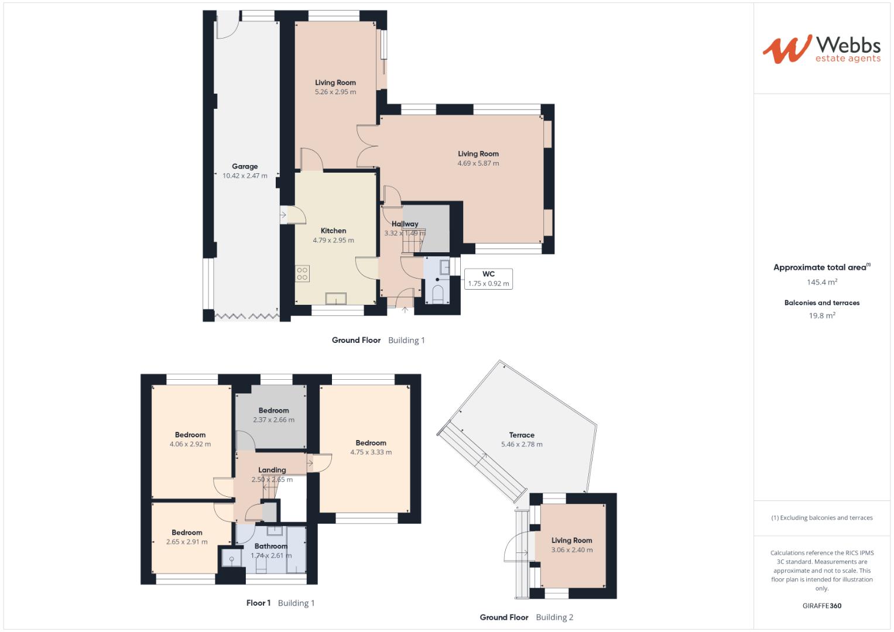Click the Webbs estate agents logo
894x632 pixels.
coord(821,49)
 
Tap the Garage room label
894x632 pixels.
coord(245,166)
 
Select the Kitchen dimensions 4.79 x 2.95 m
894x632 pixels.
coord(333,240)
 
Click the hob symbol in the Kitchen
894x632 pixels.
coord(303,273)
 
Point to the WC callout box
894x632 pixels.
coord(488,279)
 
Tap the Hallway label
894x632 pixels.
coord(405,224)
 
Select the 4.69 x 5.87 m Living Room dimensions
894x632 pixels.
coord(478,163)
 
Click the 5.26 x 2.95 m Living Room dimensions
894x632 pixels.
coord(335,92)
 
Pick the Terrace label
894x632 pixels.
coord(522,435)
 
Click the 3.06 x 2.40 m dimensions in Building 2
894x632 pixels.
coord(572,550)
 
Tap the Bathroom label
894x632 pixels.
coord(271,546)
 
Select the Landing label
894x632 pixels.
coord(272,470)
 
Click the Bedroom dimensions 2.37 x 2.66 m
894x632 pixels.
coord(274,420)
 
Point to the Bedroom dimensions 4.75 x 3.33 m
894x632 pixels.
coord(371,452)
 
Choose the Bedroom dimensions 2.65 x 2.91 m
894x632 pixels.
coord(187,542)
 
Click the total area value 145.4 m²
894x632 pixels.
coord(821,282)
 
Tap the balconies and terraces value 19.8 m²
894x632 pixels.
coord(821,315)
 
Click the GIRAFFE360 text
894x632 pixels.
coord(821,606)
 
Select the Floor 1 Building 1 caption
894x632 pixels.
coord(280,603)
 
